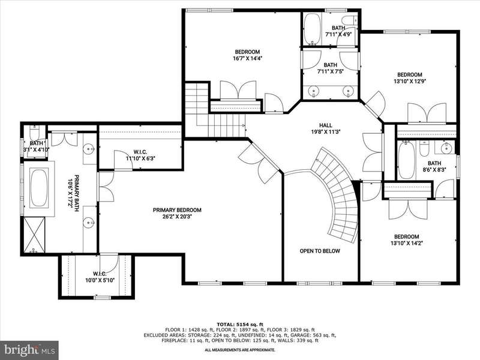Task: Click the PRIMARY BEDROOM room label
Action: click(177, 214)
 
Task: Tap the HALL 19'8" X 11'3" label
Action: click(325, 128)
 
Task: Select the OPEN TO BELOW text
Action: click(320, 251)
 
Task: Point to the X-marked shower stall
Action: click(34, 235)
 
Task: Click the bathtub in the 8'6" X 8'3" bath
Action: click(407, 160)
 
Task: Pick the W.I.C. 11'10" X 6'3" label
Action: click(140, 155)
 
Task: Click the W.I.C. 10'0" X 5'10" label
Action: click(100, 277)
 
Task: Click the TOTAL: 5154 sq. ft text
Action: click(240, 325)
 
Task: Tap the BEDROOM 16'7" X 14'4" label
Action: click(247, 55)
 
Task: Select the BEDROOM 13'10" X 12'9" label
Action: click(410, 78)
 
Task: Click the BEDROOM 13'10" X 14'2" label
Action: click(407, 239)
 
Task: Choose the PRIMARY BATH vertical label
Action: click(73, 191)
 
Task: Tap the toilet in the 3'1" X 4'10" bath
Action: click(34, 133)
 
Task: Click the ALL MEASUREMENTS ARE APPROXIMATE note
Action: click(240, 350)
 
